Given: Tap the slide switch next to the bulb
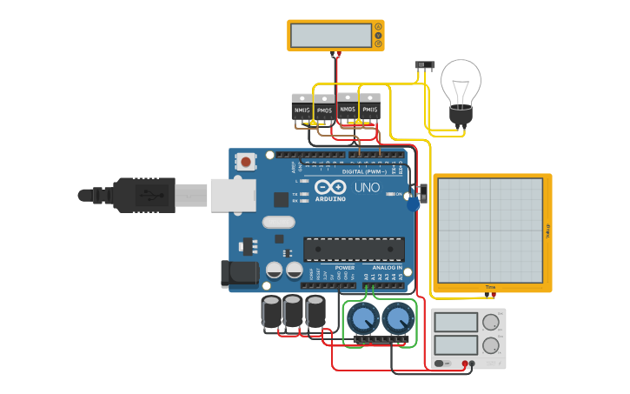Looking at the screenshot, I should coord(425,65).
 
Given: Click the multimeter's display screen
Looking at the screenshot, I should coord(330,35).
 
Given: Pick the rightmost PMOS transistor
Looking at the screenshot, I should coord(370,107).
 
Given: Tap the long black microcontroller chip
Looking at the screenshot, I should coord(354,249).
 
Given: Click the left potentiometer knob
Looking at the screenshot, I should coord(361,319).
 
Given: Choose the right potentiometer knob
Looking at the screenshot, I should coord(397,319).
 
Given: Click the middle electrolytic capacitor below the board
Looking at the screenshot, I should coord(294,311).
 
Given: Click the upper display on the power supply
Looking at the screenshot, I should coord(456,323).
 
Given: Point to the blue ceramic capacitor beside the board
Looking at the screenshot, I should coord(413,204).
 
